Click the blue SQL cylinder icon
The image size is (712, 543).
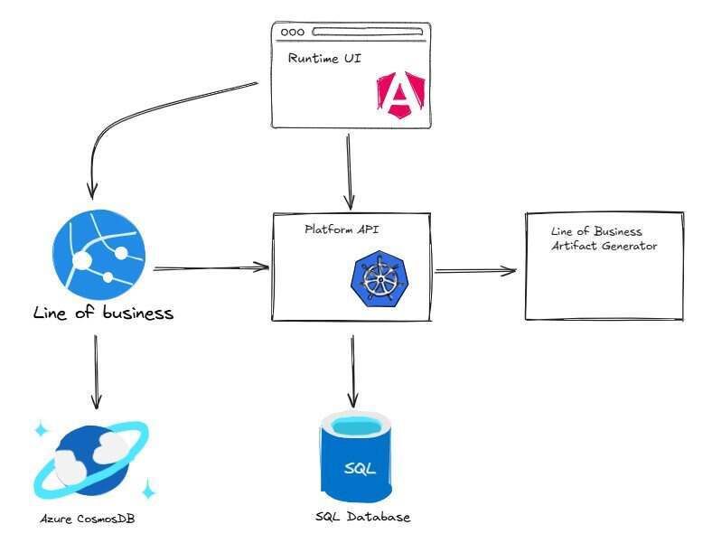353,459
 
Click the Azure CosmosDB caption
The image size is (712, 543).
88,519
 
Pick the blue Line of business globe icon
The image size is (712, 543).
98,258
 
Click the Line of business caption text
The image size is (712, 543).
103,314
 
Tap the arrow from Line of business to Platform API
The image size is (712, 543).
212,267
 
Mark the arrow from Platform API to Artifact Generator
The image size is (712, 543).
476,270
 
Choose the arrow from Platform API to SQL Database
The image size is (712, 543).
353,370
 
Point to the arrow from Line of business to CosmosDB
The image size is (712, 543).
97,370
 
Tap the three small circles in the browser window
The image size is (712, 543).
293,33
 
